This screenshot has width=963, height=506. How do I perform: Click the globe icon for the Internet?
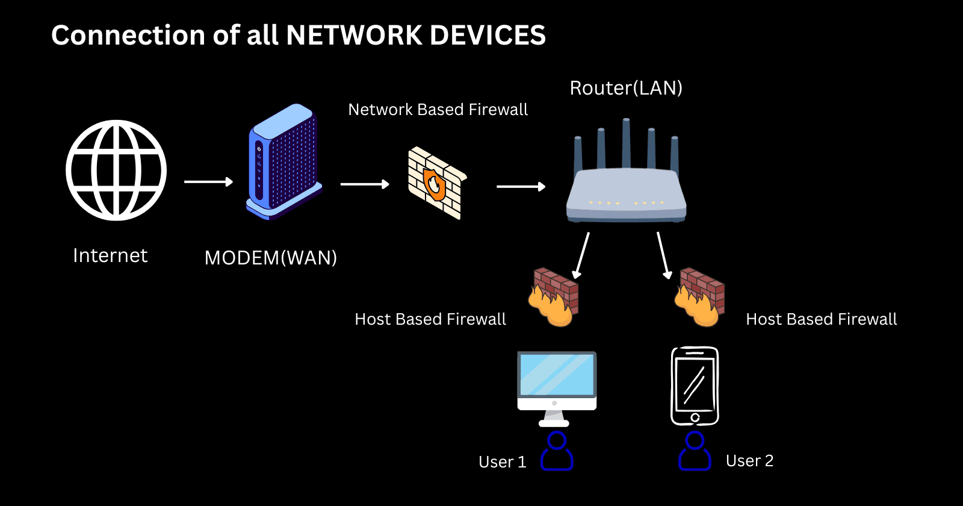pos(116,170)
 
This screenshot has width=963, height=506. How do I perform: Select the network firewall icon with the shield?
pos(436,183)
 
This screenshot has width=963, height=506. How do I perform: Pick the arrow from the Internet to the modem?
pos(208,181)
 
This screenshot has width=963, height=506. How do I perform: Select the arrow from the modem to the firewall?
pos(365,184)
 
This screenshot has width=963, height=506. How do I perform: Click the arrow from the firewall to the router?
pos(521,187)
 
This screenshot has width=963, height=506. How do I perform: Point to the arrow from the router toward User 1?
pos(581,255)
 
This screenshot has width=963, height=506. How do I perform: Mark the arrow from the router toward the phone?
pos(663,255)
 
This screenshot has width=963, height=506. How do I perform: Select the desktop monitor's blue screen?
pos(557,374)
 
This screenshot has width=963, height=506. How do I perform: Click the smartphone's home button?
pos(695,417)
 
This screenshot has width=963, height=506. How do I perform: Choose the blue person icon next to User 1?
pos(557,451)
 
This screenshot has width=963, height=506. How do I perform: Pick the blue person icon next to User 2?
pos(695,451)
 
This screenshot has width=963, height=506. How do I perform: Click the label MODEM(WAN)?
pos(271,258)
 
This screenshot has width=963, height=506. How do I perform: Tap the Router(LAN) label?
pos(626,88)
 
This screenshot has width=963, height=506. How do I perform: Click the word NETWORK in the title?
pos(355,35)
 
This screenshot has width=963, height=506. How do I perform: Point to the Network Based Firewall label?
pos(438,110)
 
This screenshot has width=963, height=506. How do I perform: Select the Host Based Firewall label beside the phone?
pos(821,319)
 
